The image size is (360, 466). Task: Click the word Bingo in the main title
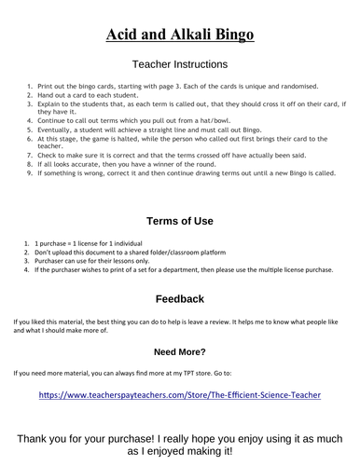pyautogui.click(x=230, y=34)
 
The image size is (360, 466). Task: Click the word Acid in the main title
pyautogui.click(x=118, y=34)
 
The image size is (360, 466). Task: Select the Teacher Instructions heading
pyautogui.click(x=180, y=65)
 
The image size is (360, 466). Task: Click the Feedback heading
pyautogui.click(x=180, y=300)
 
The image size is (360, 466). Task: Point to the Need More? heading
pyautogui.click(x=180, y=352)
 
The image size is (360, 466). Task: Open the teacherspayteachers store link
pyautogui.click(x=180, y=395)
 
